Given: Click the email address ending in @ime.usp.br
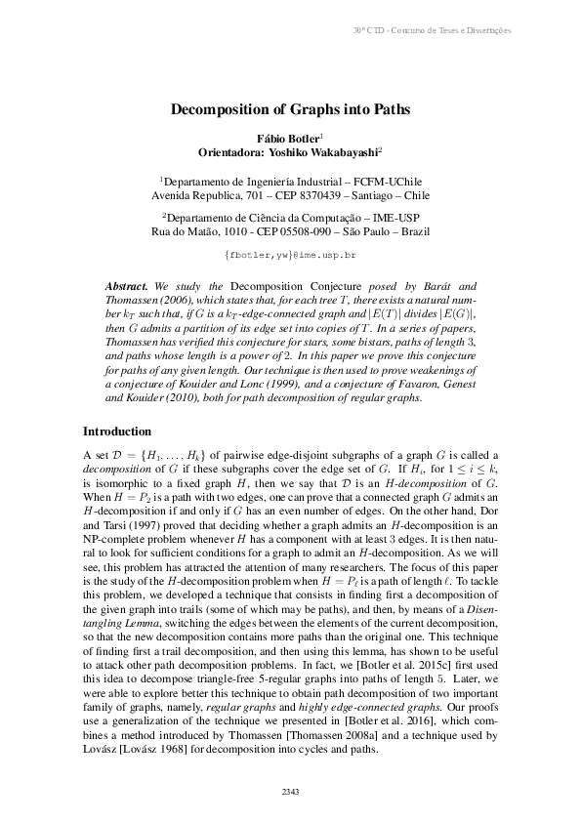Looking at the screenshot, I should [290, 254].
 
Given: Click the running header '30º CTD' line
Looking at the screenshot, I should [432, 30].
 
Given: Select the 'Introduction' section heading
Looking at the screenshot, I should [116, 431].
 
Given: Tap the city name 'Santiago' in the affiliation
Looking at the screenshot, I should [357, 194].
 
